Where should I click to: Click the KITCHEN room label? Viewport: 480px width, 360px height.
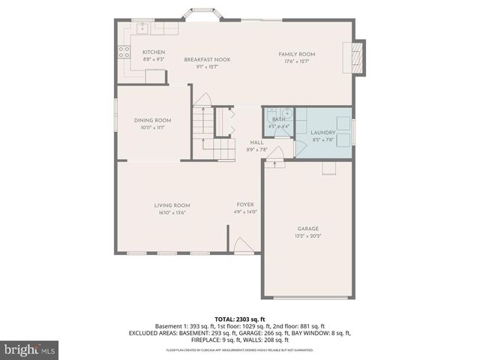pos(154,52)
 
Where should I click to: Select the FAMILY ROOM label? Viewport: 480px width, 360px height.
pos(296,54)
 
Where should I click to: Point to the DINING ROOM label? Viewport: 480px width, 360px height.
pos(152,120)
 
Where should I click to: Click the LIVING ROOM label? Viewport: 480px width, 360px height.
pos(172,205)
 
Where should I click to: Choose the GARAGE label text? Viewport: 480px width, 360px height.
pos(307,228)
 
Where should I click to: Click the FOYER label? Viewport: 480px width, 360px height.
pos(245,204)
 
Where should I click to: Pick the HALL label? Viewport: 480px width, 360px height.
pos(256,142)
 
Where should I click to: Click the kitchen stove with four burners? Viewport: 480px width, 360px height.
pos(123,53)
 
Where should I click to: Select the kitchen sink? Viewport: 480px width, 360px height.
pos(142,28)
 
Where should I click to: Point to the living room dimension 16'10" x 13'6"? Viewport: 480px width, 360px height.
pos(172,212)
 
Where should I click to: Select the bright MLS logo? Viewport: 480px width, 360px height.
pos(30,349)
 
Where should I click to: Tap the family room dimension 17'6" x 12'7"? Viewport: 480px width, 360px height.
pos(296,61)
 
